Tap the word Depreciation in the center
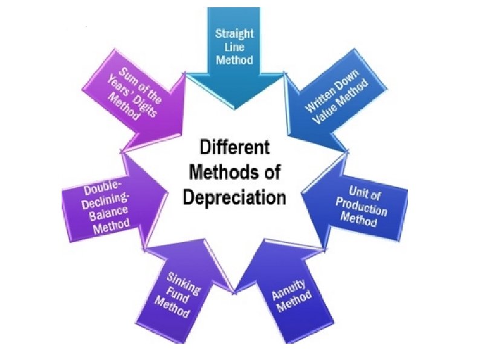[235, 197]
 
